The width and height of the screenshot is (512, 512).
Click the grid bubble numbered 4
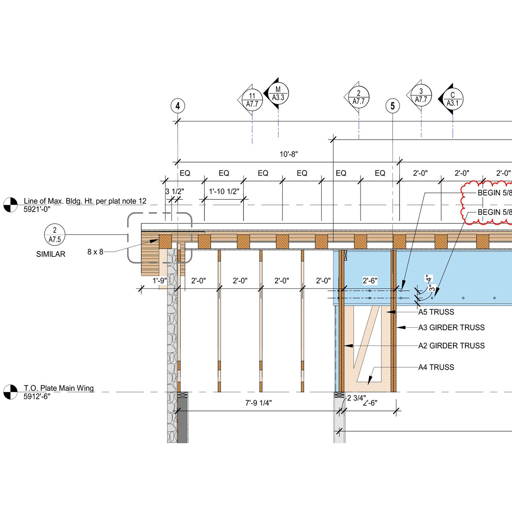point(177,106)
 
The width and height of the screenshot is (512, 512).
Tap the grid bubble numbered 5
point(393,106)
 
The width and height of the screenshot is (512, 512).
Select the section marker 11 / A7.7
point(252,100)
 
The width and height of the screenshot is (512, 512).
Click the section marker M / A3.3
point(278,93)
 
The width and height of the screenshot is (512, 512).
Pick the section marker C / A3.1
point(453,99)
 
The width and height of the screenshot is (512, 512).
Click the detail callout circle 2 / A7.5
point(55,235)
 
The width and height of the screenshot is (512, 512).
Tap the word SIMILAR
point(51,254)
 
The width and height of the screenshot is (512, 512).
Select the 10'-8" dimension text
point(289,154)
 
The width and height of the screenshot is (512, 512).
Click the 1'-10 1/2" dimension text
point(224,192)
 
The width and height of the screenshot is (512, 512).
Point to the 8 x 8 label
point(95,252)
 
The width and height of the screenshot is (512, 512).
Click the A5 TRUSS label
point(436,312)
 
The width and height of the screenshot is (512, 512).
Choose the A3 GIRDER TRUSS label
point(451,328)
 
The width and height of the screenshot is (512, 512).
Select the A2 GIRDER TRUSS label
point(451,346)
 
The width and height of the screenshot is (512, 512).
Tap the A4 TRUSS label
point(436,367)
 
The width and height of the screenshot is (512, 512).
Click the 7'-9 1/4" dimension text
point(259,403)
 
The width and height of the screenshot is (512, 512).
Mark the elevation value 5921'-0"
point(37,209)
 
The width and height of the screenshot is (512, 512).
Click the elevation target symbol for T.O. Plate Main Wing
point(10,392)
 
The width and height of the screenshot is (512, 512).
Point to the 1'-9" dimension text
point(160,281)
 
